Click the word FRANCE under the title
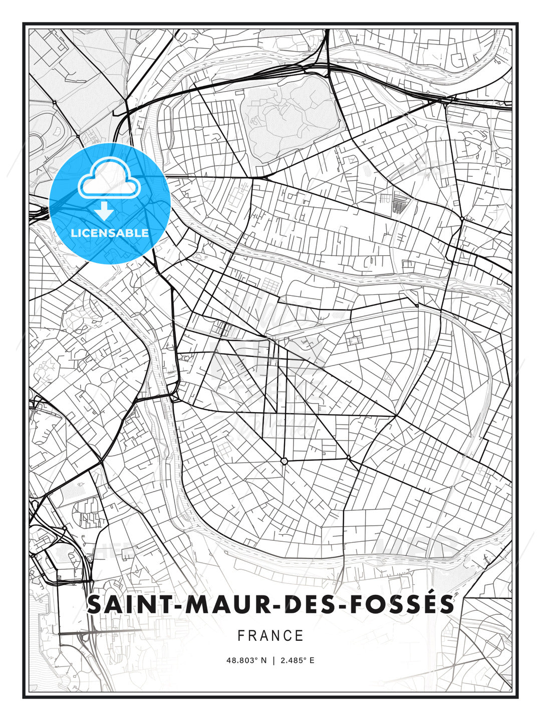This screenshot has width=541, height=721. pyautogui.click(x=270, y=636)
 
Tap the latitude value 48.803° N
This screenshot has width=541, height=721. pyautogui.click(x=247, y=660)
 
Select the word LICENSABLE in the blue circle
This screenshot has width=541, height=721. pyautogui.click(x=110, y=233)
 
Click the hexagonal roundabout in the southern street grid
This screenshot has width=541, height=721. pyautogui.click(x=284, y=461)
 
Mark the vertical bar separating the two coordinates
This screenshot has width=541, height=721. pyautogui.click(x=273, y=660)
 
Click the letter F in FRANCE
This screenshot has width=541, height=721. pyautogui.click(x=241, y=636)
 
